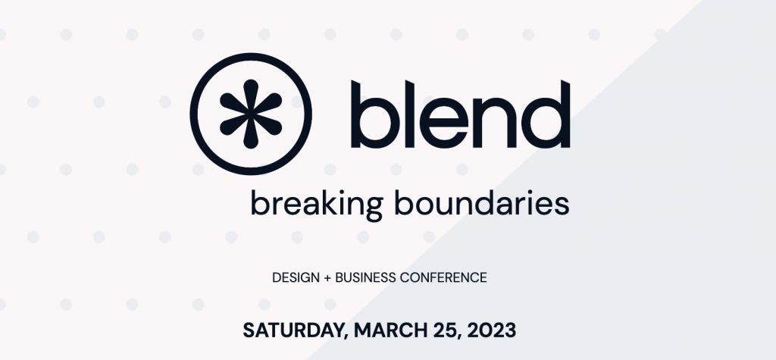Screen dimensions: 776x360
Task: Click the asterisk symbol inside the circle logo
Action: coord(251,114)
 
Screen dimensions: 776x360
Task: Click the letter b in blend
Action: coord(374,114)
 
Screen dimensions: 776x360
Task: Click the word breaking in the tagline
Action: coord(318,204)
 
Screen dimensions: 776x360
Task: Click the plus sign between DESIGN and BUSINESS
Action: coord(327,278)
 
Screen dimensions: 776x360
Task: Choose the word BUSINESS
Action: coord(366,278)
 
